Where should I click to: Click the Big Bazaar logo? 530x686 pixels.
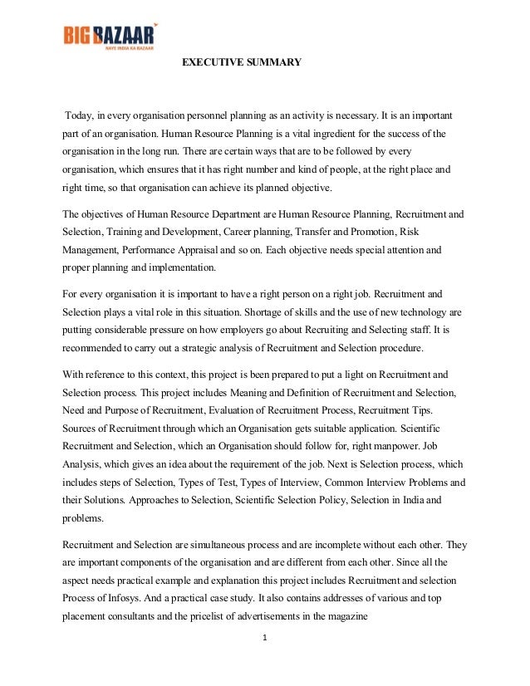[109, 36]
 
